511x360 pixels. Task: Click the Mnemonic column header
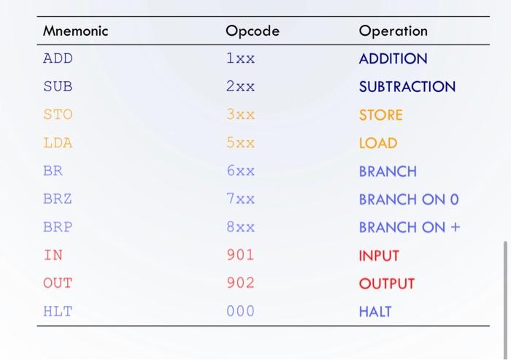(75, 31)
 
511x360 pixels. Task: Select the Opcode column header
(252, 31)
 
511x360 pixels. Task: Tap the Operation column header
(393, 31)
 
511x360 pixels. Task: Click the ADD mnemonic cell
(58, 58)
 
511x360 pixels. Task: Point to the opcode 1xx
(240, 58)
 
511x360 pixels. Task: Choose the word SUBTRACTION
(407, 87)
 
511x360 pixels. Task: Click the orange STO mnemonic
(58, 115)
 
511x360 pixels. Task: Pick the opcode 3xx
(240, 115)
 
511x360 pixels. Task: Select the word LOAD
(378, 143)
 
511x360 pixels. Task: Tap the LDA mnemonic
(58, 143)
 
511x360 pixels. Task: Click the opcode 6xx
(240, 172)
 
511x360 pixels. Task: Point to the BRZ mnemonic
(58, 199)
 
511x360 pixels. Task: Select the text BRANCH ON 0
(409, 199)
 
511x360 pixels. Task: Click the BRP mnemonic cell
(58, 227)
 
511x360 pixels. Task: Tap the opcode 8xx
(240, 227)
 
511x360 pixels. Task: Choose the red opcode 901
(240, 256)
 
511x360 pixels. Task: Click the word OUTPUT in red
(386, 283)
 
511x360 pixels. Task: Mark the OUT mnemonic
(58, 283)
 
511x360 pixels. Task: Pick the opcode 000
(240, 311)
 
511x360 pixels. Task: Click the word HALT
(375, 311)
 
